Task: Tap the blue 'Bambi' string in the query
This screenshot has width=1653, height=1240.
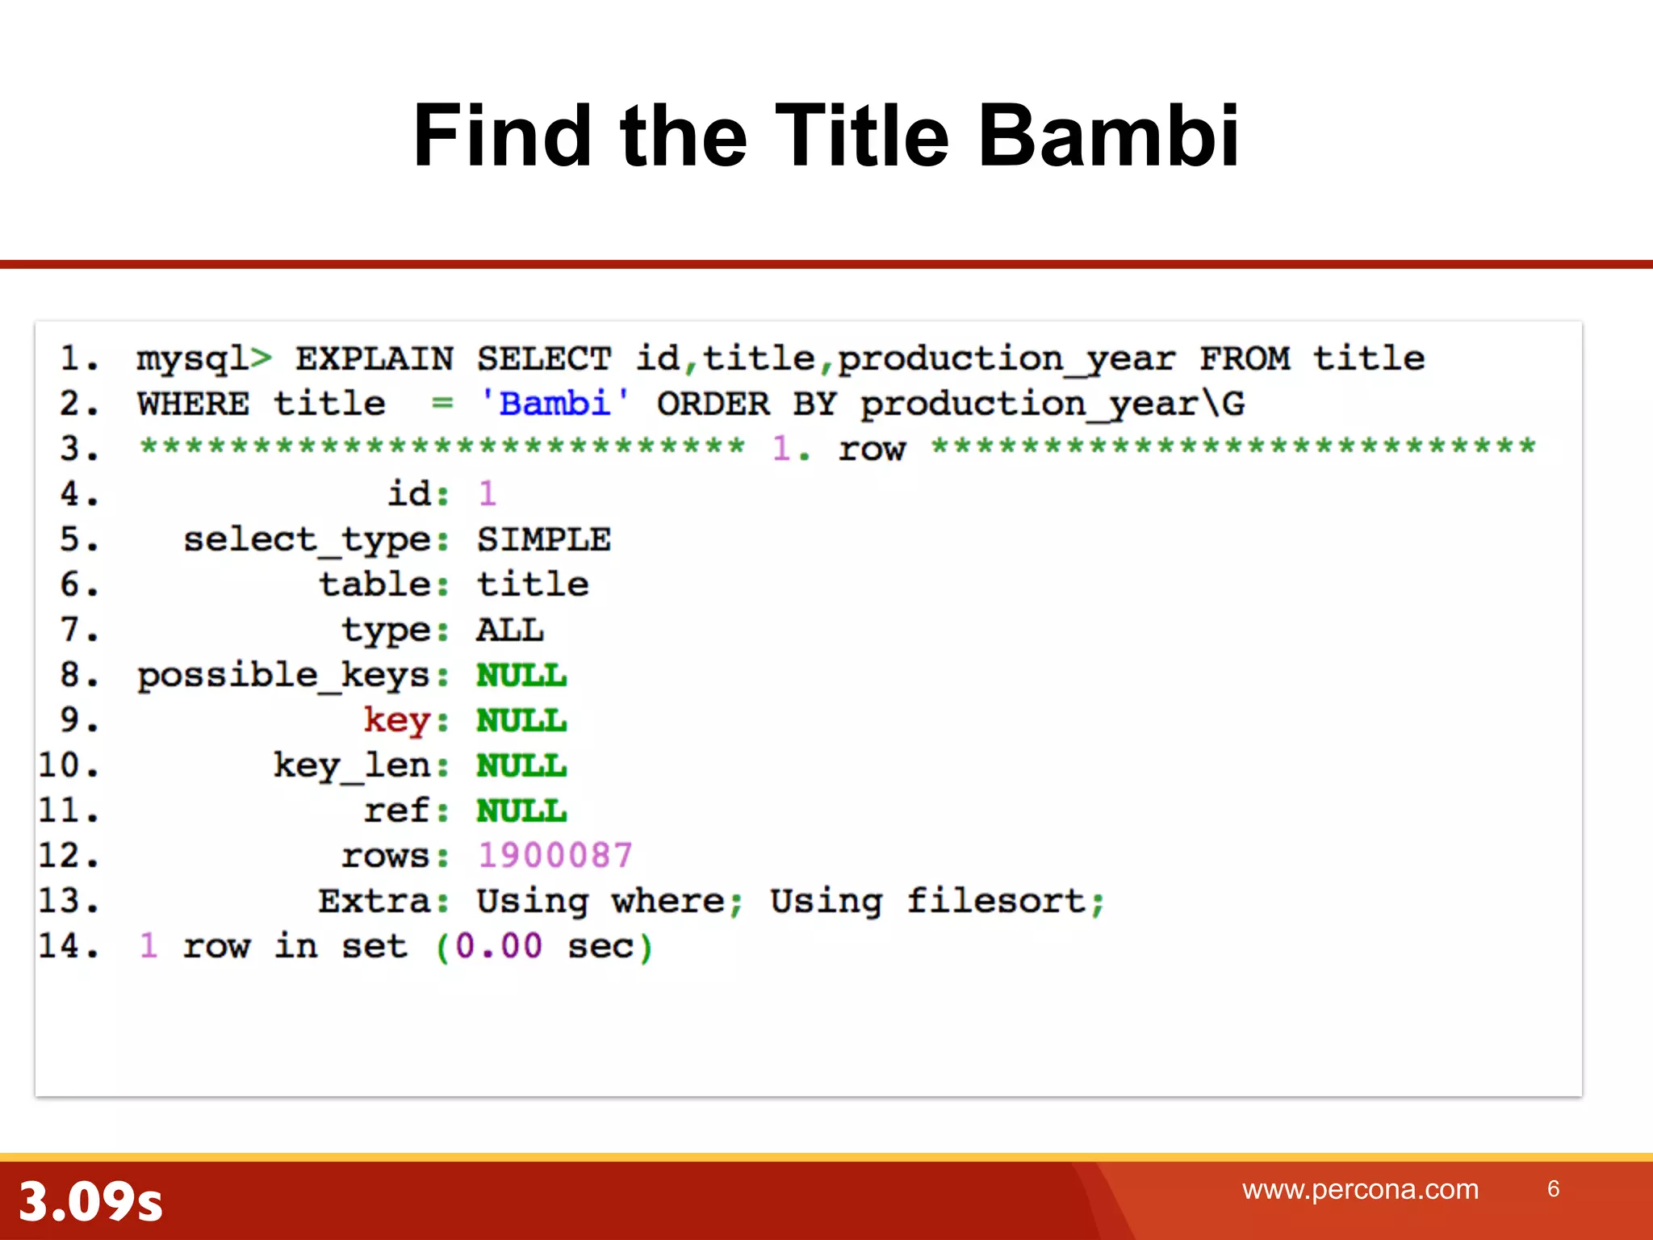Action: click(554, 403)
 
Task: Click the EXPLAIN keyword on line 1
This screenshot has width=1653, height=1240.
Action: click(374, 358)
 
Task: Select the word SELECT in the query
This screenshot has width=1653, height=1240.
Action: click(543, 358)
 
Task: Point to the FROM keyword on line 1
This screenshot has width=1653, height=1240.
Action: click(1244, 358)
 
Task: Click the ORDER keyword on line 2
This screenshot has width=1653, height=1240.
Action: click(713, 404)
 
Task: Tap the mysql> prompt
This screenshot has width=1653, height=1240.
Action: click(203, 358)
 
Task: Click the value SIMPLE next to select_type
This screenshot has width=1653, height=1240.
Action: click(543, 539)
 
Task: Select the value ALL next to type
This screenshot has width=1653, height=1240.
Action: click(509, 630)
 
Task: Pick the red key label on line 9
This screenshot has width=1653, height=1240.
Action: click(395, 720)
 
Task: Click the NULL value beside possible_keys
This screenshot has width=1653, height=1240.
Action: click(521, 675)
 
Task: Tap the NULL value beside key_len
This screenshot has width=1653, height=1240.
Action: click(521, 765)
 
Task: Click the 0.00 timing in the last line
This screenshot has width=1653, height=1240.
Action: click(498, 946)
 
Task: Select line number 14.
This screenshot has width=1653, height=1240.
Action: click(68, 946)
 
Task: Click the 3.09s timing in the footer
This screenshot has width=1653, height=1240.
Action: click(90, 1201)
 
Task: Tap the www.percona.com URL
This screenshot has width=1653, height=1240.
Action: click(1360, 1189)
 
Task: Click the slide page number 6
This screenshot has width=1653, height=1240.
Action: click(1553, 1188)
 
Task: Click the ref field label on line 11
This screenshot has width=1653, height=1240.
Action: click(395, 811)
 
